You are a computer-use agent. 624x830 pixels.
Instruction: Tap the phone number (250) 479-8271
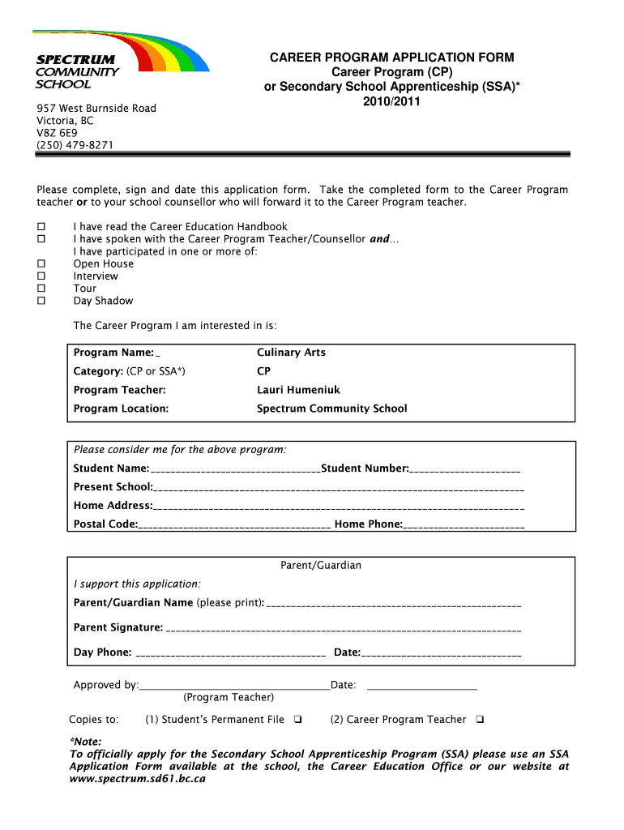tap(75, 145)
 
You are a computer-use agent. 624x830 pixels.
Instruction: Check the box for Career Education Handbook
tap(41, 227)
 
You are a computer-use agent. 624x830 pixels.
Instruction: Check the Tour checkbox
tap(41, 289)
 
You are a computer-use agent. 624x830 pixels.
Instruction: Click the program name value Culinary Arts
tap(291, 353)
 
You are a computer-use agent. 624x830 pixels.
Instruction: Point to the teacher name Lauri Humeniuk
tap(298, 390)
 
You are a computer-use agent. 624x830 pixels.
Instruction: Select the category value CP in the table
tap(264, 371)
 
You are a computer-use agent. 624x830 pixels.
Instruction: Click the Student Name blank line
tap(235, 470)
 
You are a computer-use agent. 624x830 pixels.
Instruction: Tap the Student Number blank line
tap(465, 470)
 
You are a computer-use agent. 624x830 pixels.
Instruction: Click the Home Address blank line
tap(338, 507)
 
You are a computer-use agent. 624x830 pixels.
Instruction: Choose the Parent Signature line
tap(343, 629)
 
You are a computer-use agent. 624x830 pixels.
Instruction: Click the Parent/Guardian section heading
tap(320, 565)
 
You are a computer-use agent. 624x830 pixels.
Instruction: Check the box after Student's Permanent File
tap(297, 720)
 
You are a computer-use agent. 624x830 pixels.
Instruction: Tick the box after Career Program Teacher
tap(480, 720)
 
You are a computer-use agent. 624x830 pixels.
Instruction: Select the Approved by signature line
tap(234, 687)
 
